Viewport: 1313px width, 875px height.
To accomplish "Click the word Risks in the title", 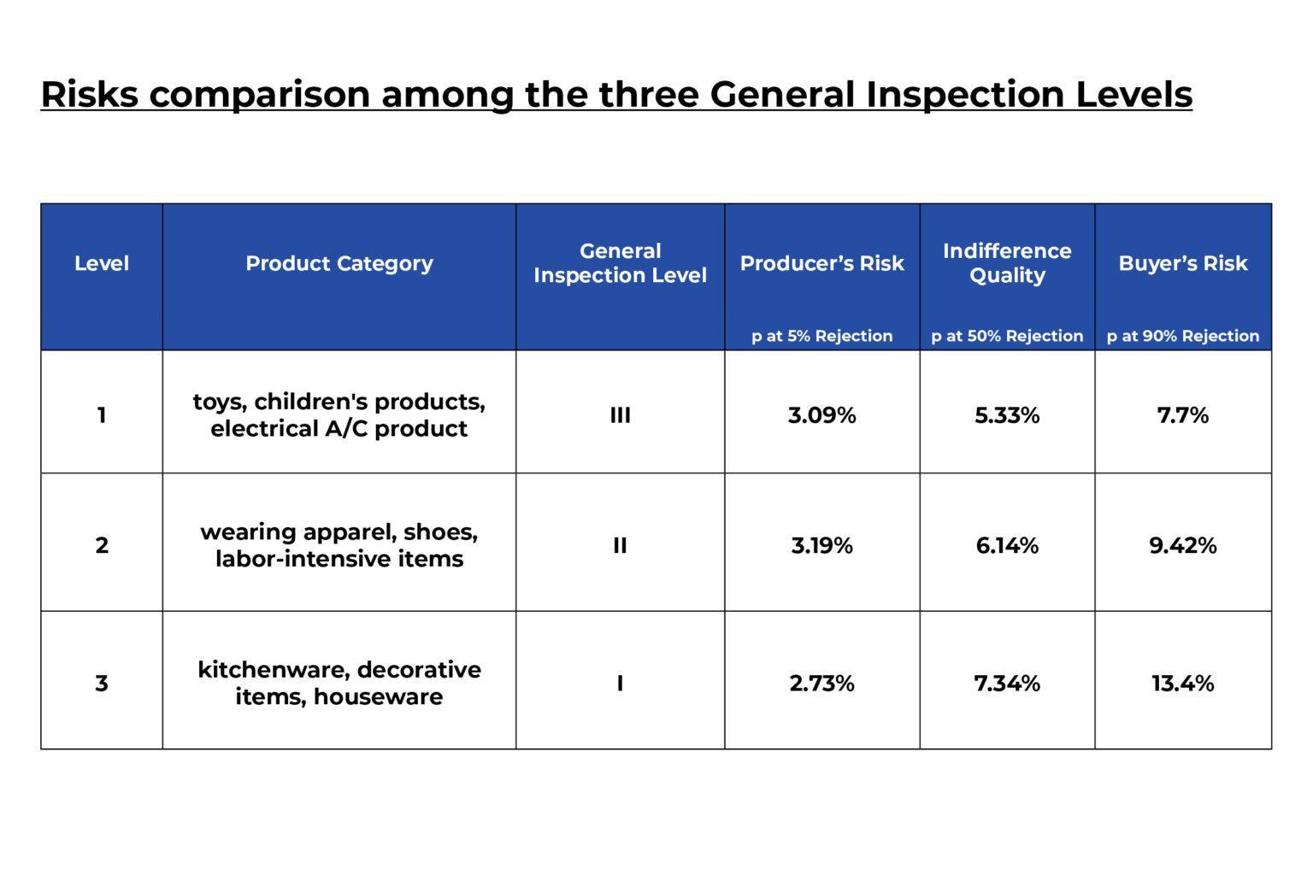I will coord(89,94).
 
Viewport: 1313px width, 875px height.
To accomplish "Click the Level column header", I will coord(102,263).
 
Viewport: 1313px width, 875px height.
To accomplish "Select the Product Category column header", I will coord(339,263).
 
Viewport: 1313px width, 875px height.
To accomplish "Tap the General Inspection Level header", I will coord(620,263).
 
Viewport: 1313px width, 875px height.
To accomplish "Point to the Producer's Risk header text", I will coord(821,263).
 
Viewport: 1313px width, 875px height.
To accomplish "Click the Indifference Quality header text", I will coord(1006,263).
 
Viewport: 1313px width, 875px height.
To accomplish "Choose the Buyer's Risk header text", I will coord(1183,263).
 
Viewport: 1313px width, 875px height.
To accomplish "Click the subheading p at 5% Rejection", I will coord(821,336).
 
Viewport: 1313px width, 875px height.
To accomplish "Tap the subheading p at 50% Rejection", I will coord(1007,336).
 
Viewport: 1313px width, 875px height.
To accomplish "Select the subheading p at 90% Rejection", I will coord(1183,336).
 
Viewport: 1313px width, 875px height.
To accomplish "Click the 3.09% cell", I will coord(821,415).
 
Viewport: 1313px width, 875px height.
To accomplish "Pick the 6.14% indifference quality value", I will coord(1007,545).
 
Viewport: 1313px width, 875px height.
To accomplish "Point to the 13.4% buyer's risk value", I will coord(1183,684).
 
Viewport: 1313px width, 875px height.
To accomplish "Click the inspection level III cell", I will coord(620,415).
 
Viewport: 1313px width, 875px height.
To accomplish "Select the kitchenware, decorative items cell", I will coord(339,683).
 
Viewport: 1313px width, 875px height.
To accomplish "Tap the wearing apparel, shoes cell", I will coord(339,545).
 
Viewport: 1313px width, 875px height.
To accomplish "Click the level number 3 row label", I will coord(102,684).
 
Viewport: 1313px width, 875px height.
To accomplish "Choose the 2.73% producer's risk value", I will coord(821,684).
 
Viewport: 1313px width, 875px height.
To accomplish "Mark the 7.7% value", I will coord(1183,415).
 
